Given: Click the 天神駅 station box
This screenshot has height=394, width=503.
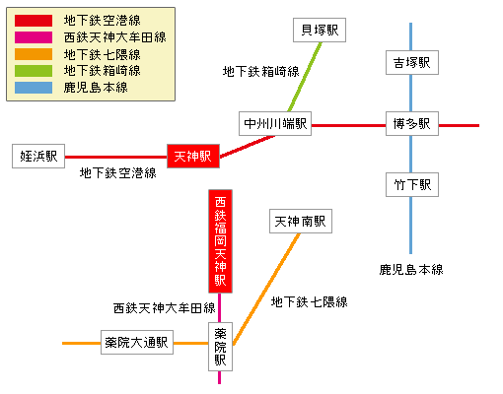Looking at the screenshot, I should (x=192, y=156).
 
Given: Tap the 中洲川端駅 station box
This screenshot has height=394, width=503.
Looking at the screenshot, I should (x=275, y=124).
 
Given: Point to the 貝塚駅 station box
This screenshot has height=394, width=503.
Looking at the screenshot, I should (x=321, y=31).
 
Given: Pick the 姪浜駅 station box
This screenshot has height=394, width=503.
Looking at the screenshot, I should (x=38, y=156).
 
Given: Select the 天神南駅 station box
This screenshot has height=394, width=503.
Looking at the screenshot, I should (x=301, y=222).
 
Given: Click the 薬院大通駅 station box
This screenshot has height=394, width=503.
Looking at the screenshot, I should (x=137, y=343).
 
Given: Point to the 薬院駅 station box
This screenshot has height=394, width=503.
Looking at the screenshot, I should (x=220, y=346).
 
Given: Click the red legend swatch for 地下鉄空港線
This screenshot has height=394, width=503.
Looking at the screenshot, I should (x=34, y=20).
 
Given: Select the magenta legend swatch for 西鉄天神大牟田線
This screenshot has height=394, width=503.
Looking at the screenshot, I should (x=34, y=36).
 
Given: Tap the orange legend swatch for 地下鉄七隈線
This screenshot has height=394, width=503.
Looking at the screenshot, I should (x=34, y=53).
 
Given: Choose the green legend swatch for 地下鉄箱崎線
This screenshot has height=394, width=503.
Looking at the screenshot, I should (x=34, y=70).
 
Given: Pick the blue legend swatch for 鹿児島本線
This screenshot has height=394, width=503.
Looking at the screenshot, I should (x=34, y=87).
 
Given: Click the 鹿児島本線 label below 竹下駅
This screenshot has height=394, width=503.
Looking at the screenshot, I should (x=411, y=269).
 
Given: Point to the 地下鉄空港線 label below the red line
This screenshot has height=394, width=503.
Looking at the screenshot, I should (x=118, y=173).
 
